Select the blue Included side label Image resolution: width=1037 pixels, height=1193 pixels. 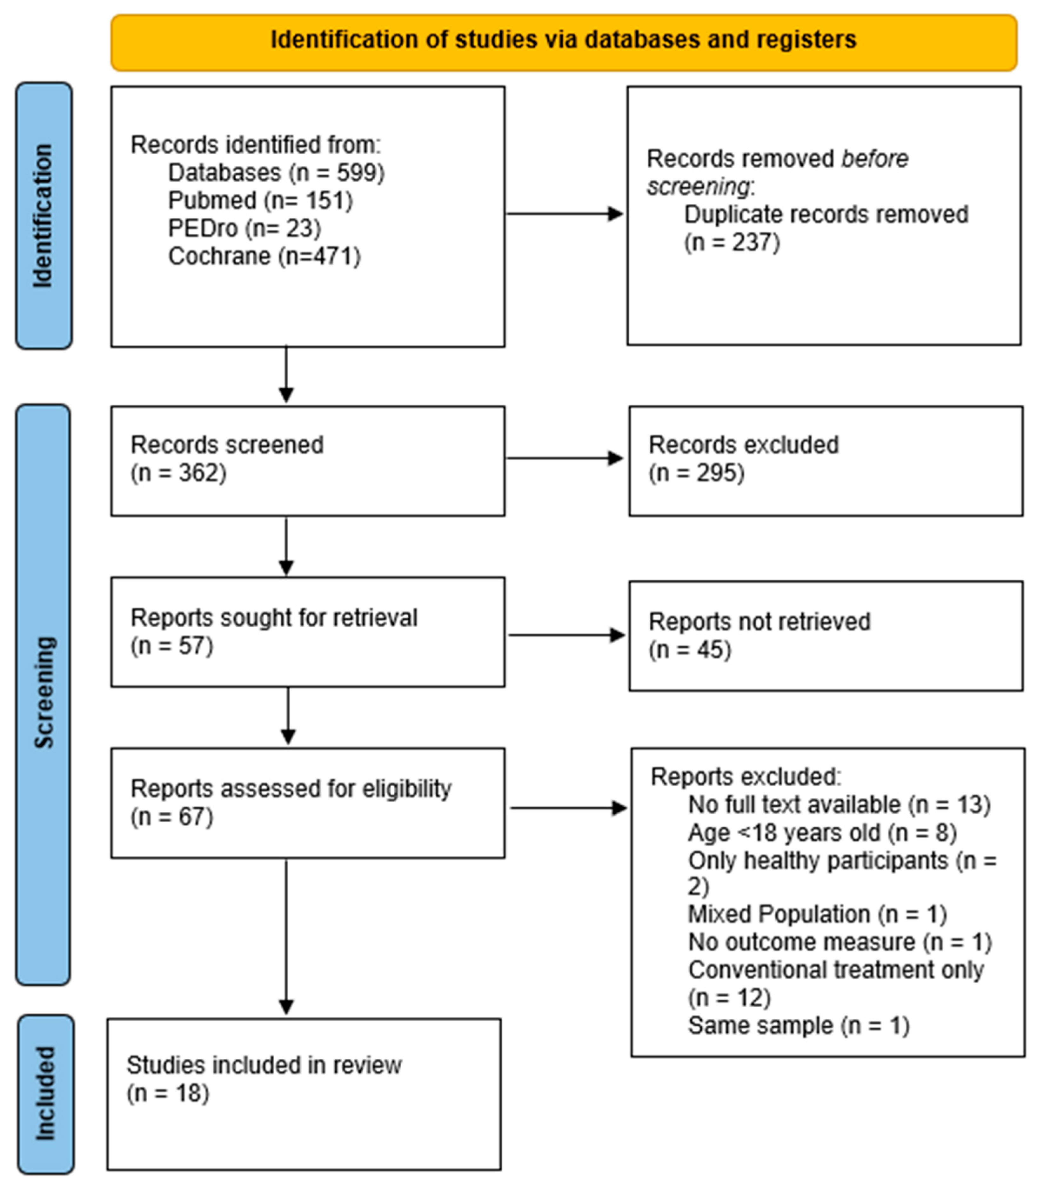pyautogui.click(x=45, y=1094)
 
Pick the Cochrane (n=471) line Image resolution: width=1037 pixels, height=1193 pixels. pyautogui.click(x=264, y=256)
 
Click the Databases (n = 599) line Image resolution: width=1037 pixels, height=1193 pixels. pyautogui.click(x=276, y=172)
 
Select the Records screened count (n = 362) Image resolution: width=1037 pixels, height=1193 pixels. pyautogui.click(x=178, y=473)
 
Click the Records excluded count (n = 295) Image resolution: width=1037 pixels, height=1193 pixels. pyautogui.click(x=696, y=473)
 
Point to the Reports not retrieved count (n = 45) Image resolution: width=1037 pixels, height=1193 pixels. pyautogui.click(x=690, y=649)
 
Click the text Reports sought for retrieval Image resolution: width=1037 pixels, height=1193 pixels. pyautogui.click(x=274, y=617)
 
